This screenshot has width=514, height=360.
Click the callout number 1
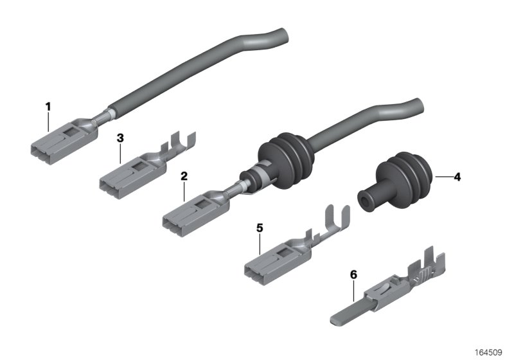(x=48, y=107)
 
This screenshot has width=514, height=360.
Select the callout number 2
(x=184, y=176)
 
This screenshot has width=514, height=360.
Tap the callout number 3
(x=120, y=138)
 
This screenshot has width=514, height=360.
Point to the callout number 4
(x=457, y=177)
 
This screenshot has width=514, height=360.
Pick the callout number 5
(x=260, y=228)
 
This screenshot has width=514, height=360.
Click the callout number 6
(x=353, y=274)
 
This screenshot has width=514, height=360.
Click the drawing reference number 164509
(x=488, y=352)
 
